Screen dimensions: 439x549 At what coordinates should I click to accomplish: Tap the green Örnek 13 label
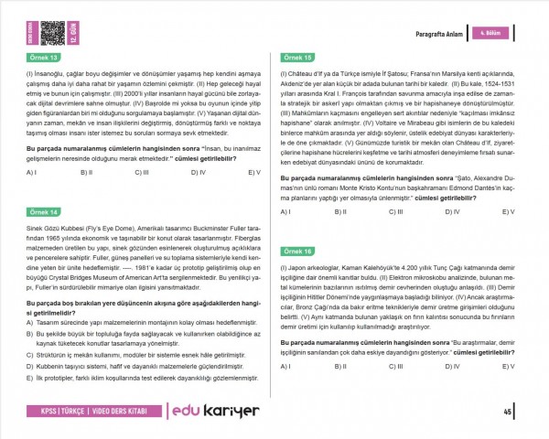click(x=44, y=58)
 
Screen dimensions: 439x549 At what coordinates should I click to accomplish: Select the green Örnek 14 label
click(x=44, y=210)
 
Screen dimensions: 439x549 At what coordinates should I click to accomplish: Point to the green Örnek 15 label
click(x=298, y=58)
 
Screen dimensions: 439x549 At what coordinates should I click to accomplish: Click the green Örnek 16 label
click(x=298, y=251)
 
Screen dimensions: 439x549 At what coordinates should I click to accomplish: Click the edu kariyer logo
click(x=215, y=412)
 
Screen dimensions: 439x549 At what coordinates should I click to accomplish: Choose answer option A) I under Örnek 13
click(x=31, y=172)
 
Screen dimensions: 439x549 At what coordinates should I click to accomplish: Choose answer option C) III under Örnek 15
click(x=399, y=212)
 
